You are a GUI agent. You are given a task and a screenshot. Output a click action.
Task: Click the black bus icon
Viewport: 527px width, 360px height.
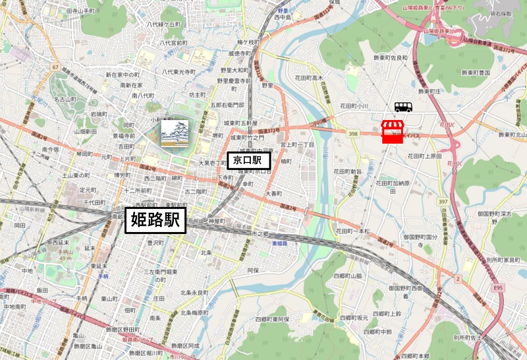404,107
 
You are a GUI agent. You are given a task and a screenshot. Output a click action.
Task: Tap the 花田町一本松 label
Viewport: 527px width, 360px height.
352,231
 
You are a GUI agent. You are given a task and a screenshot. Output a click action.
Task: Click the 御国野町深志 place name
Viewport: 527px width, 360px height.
495,214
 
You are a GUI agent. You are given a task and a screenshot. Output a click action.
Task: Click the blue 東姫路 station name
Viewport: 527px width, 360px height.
279,243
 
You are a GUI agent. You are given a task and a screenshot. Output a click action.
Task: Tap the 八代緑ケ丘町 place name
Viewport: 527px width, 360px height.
163,24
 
